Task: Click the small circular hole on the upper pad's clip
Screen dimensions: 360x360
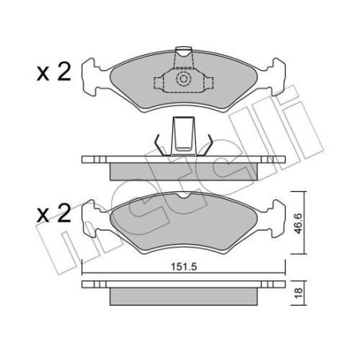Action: coord(183,80)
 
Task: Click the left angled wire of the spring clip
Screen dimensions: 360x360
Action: coord(161,145)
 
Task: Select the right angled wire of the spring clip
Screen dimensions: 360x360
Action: coord(206,145)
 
